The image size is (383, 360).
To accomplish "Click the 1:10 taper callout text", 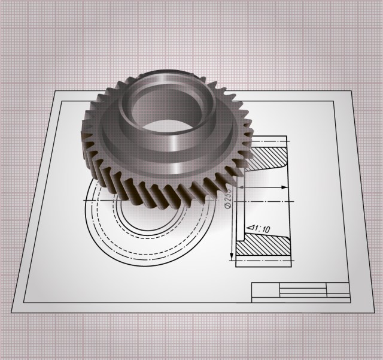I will pos(260,228).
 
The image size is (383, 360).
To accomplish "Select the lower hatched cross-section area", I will pos(263,247).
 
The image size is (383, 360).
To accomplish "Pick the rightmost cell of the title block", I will pos(338,291).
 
